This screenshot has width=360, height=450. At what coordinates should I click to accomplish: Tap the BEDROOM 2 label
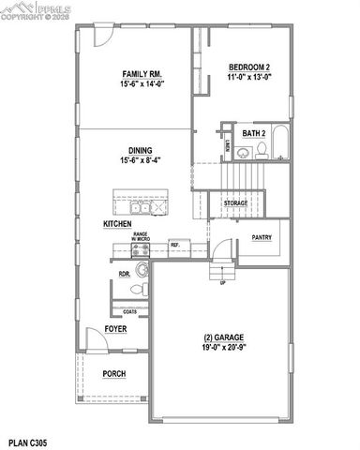point(248,67)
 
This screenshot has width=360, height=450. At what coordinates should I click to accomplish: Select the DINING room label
point(141,149)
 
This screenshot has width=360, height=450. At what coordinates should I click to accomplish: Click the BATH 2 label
point(254,134)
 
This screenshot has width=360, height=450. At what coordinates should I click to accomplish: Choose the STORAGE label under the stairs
point(235,202)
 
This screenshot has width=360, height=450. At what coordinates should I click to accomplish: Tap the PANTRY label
point(262,238)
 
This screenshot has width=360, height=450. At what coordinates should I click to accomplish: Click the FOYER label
point(115,329)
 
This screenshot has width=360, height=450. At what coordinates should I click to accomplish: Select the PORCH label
point(113,373)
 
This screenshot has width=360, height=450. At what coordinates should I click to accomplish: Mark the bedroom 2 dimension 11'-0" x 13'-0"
point(248,78)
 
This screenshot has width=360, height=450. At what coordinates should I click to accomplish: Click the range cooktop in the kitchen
point(142,248)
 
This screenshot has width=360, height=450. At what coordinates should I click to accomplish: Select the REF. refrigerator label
point(174,246)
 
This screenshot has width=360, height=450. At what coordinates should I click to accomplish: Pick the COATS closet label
point(129,312)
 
